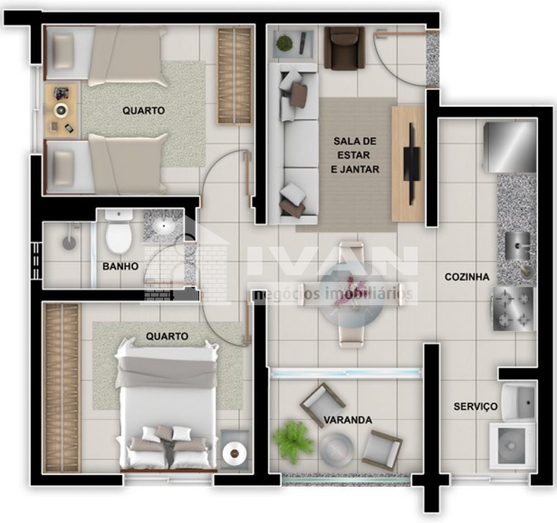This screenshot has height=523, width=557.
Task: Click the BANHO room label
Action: click(120, 266)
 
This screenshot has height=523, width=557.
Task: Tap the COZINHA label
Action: click(467, 277)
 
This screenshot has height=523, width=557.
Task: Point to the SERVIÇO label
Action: click(476, 406)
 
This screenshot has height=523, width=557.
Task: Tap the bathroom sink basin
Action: click(164, 226)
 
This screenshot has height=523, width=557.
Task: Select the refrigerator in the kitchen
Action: click(510, 147)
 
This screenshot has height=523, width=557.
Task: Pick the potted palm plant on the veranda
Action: click(293, 441)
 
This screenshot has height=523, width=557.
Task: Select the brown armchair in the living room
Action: click(344, 48)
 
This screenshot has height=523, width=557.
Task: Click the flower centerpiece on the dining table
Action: click(350, 290)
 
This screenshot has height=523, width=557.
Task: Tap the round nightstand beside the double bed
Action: click(235, 452)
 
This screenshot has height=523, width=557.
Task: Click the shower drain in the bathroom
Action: click(69, 243)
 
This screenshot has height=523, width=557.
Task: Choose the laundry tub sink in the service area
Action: click(519, 402)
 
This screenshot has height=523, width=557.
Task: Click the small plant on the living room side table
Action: click(284, 43)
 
